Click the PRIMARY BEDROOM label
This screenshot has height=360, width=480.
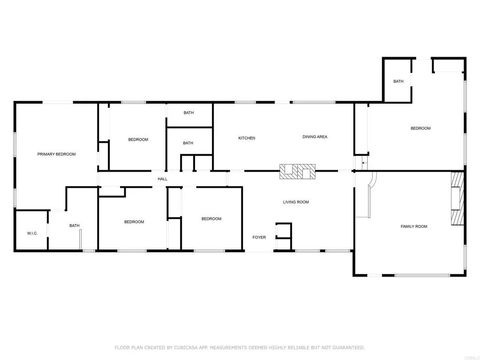(57, 154)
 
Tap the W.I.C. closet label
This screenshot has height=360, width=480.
(31, 235)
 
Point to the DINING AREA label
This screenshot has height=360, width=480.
(315, 137)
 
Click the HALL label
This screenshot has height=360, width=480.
(162, 178)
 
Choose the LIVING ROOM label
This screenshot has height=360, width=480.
(295, 202)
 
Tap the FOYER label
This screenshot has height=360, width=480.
(259, 237)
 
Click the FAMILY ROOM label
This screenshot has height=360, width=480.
(414, 227)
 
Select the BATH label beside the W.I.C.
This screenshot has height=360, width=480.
(74, 226)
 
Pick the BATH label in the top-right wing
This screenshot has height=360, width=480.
(398, 81)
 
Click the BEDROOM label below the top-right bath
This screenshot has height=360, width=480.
(420, 129)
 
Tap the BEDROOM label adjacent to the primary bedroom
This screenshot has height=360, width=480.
(138, 139)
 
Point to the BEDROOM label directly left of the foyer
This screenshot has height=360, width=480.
(210, 219)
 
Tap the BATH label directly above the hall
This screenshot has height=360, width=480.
(188, 143)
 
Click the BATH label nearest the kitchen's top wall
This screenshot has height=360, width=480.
(188, 113)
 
